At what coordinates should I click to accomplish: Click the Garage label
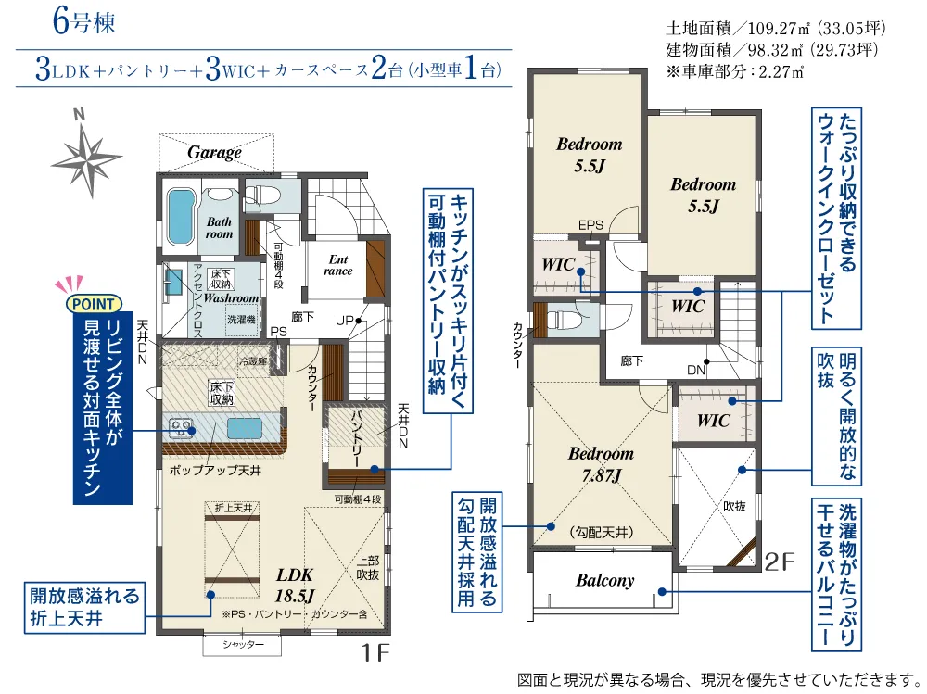pos(214,153)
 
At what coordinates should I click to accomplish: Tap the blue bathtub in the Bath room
pos(182,217)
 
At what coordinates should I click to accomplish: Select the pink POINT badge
pos(94,304)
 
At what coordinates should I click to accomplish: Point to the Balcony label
pos(604,581)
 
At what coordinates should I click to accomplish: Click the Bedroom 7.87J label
pos(601,464)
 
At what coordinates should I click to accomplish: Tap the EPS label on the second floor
pos(590,224)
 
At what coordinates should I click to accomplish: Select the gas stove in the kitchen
pos(181,427)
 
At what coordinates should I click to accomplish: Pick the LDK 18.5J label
pos(295,585)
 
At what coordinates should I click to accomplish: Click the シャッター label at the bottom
pos(243,644)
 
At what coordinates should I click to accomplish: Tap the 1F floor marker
pos(375,652)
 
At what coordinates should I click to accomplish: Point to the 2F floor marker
pos(780,562)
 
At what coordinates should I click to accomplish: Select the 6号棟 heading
pos(84,22)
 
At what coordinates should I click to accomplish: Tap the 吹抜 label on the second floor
pos(734,506)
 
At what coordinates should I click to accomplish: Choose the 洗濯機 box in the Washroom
pos(241,320)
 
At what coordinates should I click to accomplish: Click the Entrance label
pos(338,265)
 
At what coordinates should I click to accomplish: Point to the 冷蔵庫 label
pos(253,361)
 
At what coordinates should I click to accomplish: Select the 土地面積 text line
pos(776,28)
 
